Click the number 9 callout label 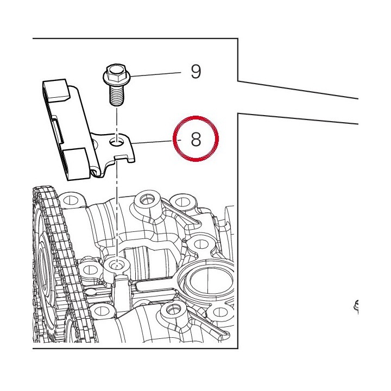[195, 72]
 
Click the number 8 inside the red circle [195, 139]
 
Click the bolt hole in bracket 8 [116, 142]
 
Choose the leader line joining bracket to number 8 [153, 142]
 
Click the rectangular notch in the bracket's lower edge [122, 158]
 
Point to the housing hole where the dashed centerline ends [116, 264]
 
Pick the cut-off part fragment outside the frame [356, 306]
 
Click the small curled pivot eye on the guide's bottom [94, 172]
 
